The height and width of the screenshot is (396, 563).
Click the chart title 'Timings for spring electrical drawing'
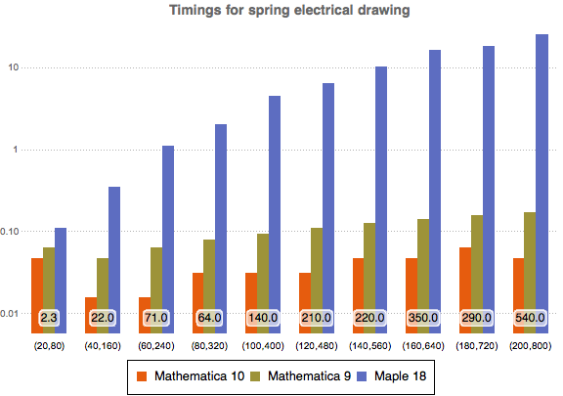[281, 11]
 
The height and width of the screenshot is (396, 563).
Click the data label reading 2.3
[50, 318]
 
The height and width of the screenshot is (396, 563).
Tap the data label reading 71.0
[156, 318]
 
